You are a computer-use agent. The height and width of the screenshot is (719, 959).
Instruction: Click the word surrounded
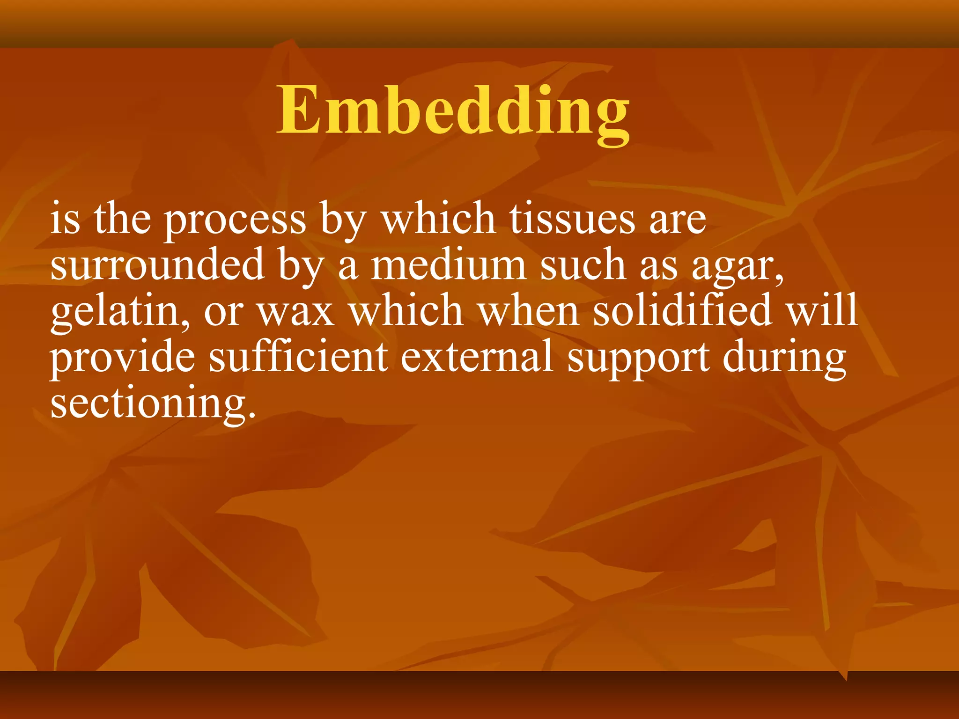tap(157, 264)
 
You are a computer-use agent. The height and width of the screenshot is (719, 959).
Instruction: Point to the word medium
tap(448, 264)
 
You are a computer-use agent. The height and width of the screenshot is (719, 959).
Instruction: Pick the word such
tap(583, 264)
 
